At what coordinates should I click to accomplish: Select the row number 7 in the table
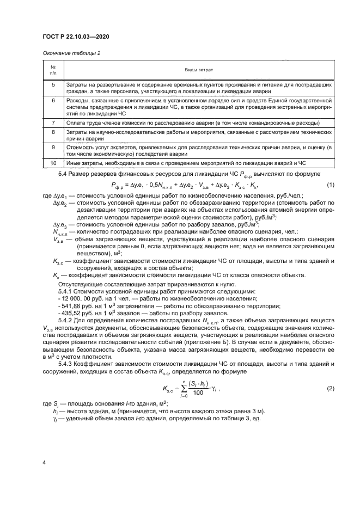(x=53, y=123)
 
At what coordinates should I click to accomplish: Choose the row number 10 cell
(x=53, y=163)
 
